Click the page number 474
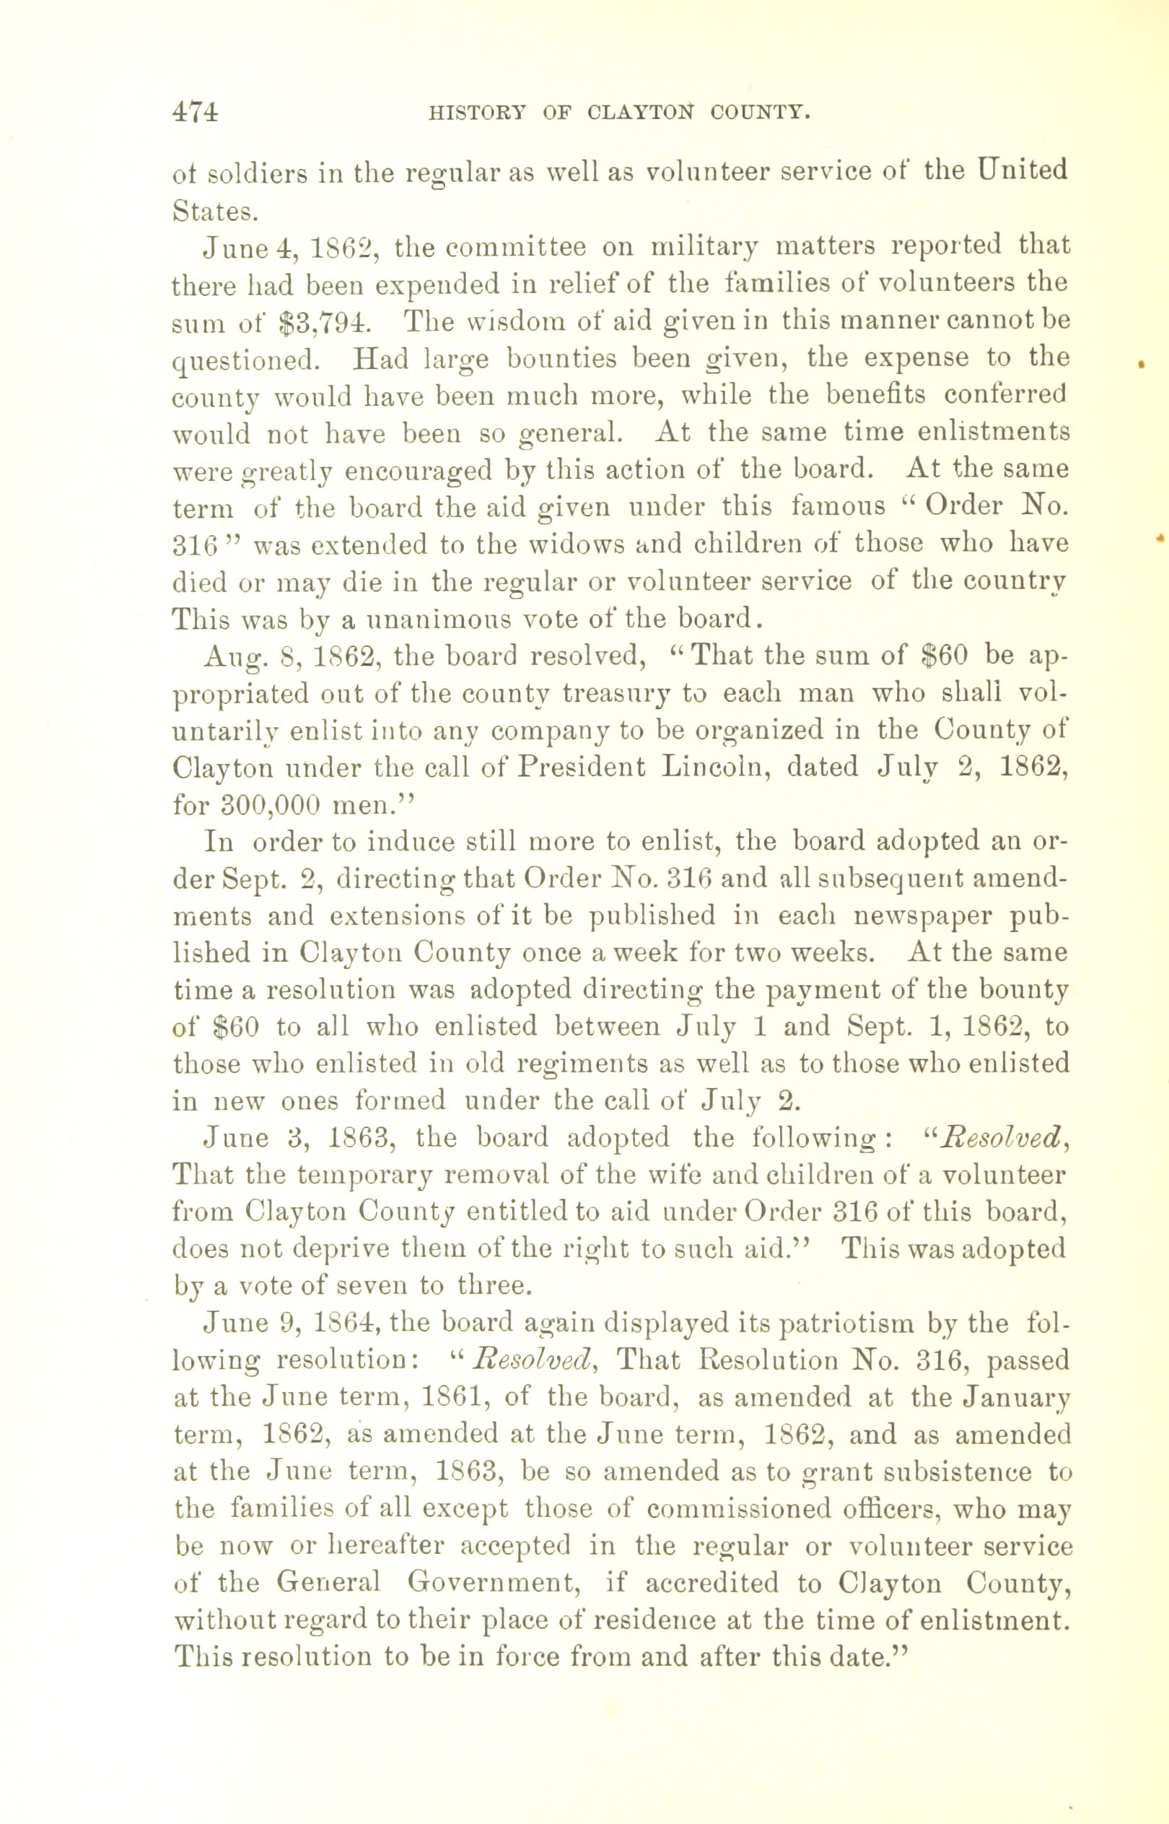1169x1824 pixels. (x=196, y=112)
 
